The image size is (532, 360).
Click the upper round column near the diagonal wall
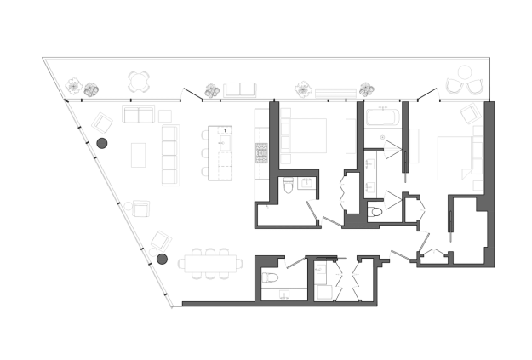pos(102,144)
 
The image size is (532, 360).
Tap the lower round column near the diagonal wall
pos(162,259)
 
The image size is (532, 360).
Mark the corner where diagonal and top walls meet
pos(65,100)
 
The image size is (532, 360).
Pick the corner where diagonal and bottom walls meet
pos(174,307)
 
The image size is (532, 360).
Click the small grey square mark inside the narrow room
pos(381,135)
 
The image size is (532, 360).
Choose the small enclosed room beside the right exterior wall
pos(467,230)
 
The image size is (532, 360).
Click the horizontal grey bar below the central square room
pos(284,209)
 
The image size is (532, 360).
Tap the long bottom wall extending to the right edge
pos(358,308)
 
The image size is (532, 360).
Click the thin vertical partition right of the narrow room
pos(403,136)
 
